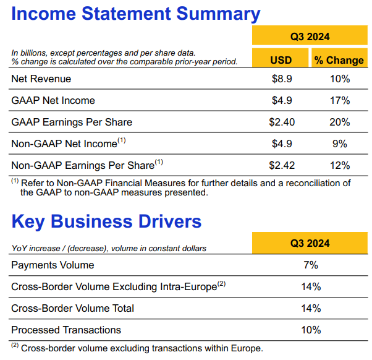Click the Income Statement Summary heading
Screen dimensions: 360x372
pyautogui.click(x=135, y=14)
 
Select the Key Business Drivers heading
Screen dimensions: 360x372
pyautogui.click(x=106, y=221)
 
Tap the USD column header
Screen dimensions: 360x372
pyautogui.click(x=281, y=59)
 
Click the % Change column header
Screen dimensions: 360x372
pyautogui.click(x=339, y=59)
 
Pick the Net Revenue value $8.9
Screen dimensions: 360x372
pyautogui.click(x=282, y=79)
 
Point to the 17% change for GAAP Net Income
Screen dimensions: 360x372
pyautogui.click(x=339, y=101)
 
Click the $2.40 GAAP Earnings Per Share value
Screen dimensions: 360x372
pyautogui.click(x=282, y=122)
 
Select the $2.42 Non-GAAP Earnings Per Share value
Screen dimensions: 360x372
pyautogui.click(x=282, y=165)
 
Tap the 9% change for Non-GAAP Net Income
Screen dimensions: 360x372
pyautogui.click(x=339, y=144)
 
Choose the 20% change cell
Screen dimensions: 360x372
pyautogui.click(x=339, y=122)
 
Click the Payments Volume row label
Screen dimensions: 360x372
pyautogui.click(x=53, y=265)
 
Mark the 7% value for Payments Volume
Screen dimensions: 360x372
pyautogui.click(x=310, y=265)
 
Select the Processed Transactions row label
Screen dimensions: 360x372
pyautogui.click(x=66, y=330)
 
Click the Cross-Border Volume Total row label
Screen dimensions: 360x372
pyautogui.click(x=72, y=308)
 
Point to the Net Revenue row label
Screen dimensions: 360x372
pyautogui.click(x=41, y=79)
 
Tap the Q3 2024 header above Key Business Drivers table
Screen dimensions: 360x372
pyautogui.click(x=310, y=243)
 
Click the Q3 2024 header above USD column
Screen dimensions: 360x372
pyautogui.click(x=310, y=36)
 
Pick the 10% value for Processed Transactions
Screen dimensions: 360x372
pyautogui.click(x=310, y=330)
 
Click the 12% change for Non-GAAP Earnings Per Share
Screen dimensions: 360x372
pyautogui.click(x=339, y=165)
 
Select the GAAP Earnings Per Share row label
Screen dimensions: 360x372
pyautogui.click(x=72, y=122)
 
